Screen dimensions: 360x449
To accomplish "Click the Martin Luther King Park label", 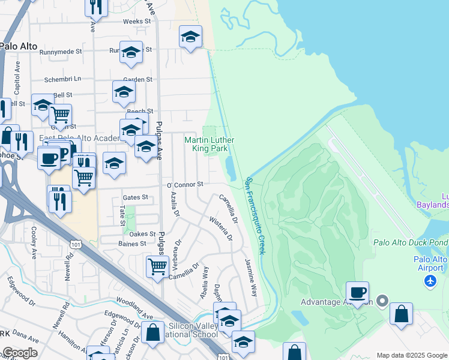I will (209, 143).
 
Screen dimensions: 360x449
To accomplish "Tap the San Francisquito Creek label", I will (255, 215).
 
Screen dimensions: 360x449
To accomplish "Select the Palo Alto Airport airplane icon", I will (431, 281).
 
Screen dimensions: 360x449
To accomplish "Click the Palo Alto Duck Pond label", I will (410, 242).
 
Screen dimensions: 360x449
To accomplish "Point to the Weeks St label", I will (136, 21).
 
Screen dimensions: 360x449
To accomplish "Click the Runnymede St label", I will (61, 52).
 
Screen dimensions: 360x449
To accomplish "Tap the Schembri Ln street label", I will (62, 79).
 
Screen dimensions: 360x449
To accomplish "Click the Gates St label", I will (135, 197).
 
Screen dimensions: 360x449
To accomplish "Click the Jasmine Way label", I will (251, 278).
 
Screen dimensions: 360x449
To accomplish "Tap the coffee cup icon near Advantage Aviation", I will (357, 293).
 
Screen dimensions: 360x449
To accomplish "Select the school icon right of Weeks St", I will (190, 37).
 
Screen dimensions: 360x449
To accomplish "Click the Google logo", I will (20, 353).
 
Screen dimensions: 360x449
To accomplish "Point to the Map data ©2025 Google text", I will (412, 355).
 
